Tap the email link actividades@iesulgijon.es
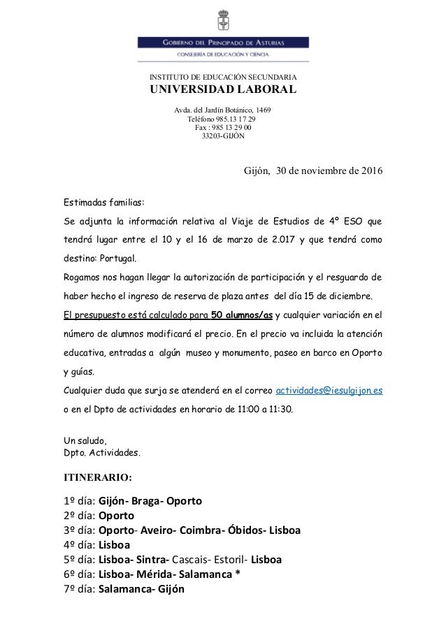(329, 390)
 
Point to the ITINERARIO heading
(97, 479)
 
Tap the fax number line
(223, 128)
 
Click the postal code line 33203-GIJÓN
(223, 136)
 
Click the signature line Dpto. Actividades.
(102, 452)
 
